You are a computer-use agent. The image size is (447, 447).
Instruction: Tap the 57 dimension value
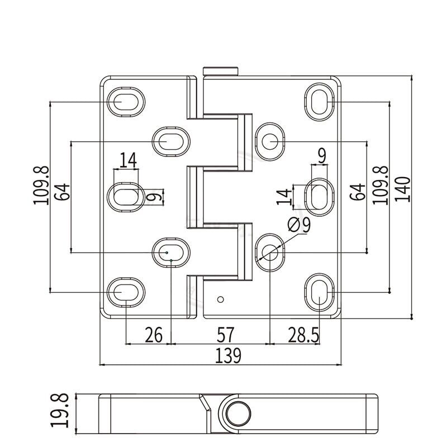pos(225,335)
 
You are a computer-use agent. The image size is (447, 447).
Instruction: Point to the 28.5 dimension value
pos(303,335)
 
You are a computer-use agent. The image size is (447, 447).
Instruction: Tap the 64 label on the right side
pos(358,192)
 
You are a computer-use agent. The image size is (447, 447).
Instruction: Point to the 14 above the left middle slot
pos(127,160)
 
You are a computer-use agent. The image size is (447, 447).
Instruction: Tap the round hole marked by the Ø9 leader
pos(270,252)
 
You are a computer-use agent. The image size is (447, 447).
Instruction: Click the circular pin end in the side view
pos(237,413)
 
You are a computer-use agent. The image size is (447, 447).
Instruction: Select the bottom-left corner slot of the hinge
pos(125,291)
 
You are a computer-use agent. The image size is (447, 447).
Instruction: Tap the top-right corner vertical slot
pos(320,102)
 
